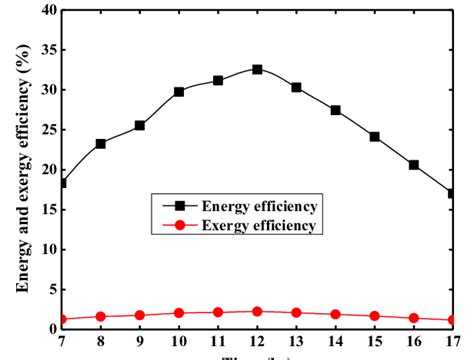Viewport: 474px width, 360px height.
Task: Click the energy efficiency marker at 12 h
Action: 257,69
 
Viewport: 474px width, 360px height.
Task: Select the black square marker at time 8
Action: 101,144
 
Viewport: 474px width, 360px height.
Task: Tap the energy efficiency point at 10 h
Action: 179,91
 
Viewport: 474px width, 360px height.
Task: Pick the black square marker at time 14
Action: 335,110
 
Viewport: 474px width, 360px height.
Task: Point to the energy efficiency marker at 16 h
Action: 413,165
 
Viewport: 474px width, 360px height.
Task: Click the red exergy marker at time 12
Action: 257,311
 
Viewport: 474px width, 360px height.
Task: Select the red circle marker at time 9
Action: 140,315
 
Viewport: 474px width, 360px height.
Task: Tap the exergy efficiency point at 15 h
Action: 374,315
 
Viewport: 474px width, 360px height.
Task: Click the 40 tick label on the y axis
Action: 44,10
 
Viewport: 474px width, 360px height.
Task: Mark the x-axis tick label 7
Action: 62,342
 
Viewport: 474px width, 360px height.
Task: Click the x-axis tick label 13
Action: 296,342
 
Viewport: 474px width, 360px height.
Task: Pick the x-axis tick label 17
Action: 452,342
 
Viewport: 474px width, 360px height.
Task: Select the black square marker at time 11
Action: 218,80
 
